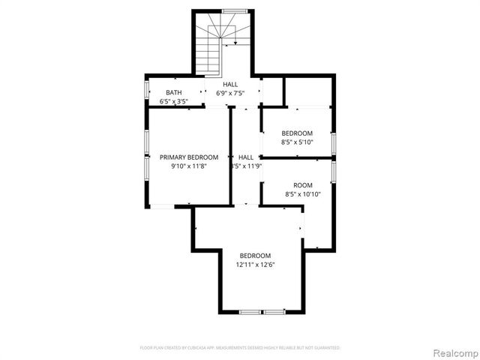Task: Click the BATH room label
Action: coord(173,92)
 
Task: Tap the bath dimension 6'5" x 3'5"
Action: coord(173,101)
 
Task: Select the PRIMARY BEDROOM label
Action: coord(189,157)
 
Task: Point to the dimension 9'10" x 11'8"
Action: coord(189,166)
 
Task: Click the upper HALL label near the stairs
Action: coord(230,85)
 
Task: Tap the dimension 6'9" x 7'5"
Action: coord(230,94)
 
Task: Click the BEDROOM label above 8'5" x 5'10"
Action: coord(297,133)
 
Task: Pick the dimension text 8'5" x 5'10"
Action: coord(297,142)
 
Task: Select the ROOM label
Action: coord(302,184)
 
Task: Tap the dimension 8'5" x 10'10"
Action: coord(302,193)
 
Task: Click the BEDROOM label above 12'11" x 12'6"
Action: coord(255,256)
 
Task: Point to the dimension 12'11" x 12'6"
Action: coord(255,265)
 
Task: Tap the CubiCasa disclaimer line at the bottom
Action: coord(240,348)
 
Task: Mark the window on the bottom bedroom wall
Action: coord(262,311)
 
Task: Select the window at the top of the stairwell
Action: coord(235,11)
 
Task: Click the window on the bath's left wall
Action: coord(147,89)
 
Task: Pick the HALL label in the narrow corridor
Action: coord(245,157)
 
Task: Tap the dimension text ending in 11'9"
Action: coord(245,166)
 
